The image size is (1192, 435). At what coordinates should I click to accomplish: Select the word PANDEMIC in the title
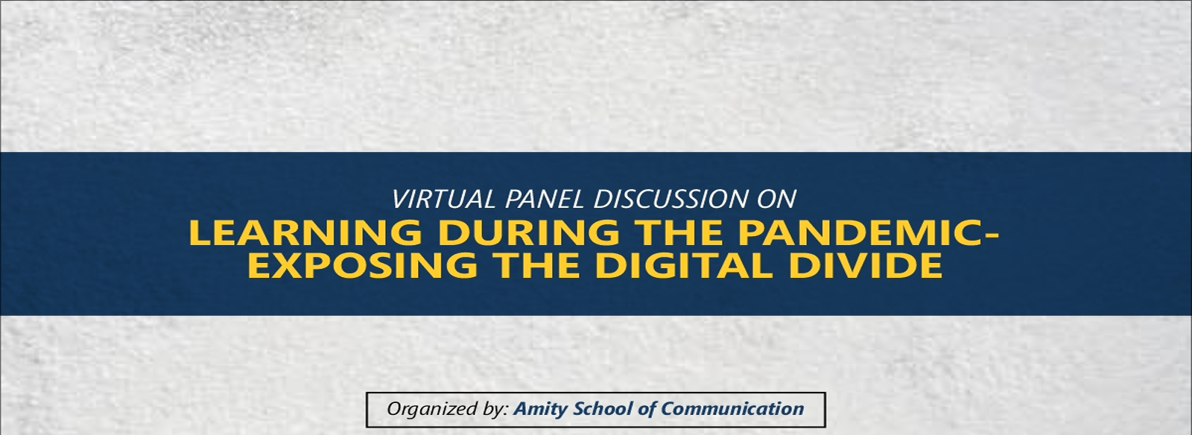(858, 233)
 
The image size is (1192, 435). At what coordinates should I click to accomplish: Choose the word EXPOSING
(362, 265)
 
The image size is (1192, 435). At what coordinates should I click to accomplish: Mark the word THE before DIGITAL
(536, 265)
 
